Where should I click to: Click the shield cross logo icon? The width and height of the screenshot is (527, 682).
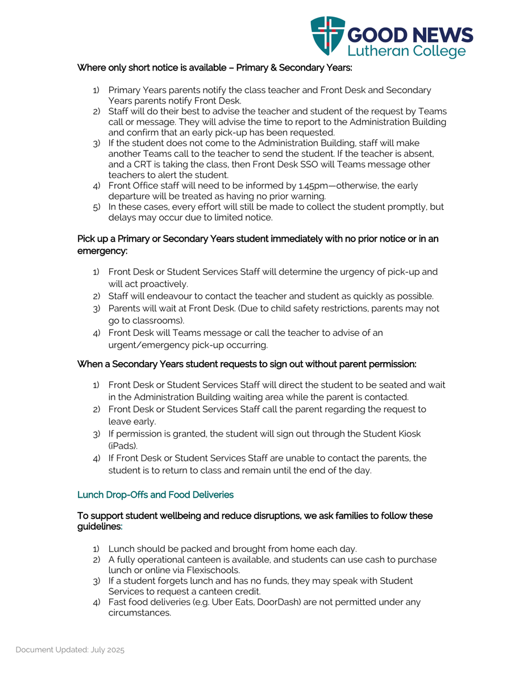327,36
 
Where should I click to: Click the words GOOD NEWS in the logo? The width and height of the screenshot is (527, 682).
409,35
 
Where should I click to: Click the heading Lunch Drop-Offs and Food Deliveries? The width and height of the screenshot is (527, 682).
155,495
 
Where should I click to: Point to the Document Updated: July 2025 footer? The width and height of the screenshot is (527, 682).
70,650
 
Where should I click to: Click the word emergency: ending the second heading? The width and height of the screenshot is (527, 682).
102,251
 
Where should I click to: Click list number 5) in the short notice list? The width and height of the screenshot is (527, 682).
97,207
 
